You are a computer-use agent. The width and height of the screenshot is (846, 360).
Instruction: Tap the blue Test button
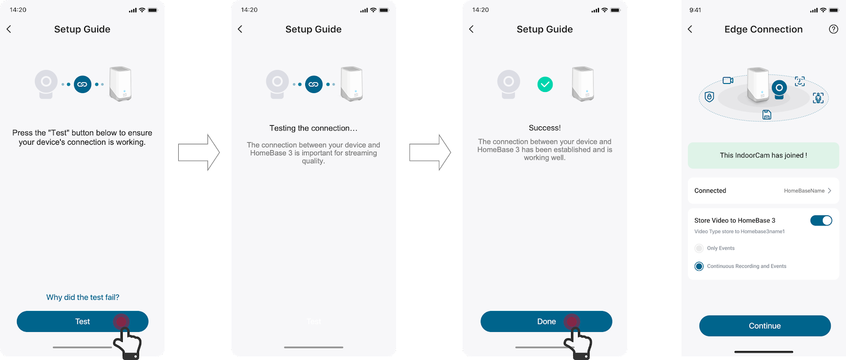[x=82, y=321]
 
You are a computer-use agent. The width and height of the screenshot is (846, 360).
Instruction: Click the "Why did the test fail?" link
[x=82, y=297]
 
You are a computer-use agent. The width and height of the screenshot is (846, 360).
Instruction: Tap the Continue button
[x=765, y=326]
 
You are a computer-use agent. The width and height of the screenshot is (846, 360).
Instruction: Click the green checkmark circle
[x=545, y=84]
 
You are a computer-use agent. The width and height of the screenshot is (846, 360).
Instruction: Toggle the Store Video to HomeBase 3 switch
[x=821, y=220]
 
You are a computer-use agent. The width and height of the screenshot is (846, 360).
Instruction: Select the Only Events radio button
[x=699, y=248]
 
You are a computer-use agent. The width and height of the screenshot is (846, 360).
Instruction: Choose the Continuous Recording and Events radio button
[x=699, y=266]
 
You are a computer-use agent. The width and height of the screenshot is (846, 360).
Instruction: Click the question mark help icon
[x=833, y=29]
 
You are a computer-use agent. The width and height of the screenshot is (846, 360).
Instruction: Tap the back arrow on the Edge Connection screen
[x=690, y=29]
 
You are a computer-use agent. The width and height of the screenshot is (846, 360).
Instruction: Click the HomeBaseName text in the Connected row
[x=804, y=191]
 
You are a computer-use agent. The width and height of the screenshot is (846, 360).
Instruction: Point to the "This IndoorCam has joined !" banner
[x=764, y=155]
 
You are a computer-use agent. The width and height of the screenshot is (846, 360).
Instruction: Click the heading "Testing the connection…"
[x=314, y=128]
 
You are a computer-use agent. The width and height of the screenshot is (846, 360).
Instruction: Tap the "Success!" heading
[x=545, y=128]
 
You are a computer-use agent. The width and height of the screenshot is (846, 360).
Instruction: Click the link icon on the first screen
[x=82, y=84]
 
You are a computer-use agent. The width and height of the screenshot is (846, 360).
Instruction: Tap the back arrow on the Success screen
[x=471, y=29]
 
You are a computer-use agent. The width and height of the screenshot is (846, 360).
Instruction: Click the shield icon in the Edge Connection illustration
[x=709, y=97]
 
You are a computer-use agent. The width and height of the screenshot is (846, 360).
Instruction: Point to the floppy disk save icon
[x=767, y=115]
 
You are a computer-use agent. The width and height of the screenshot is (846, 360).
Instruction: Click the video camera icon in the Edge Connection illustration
[x=728, y=80]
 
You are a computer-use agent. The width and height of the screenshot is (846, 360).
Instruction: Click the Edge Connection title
[x=764, y=29]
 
